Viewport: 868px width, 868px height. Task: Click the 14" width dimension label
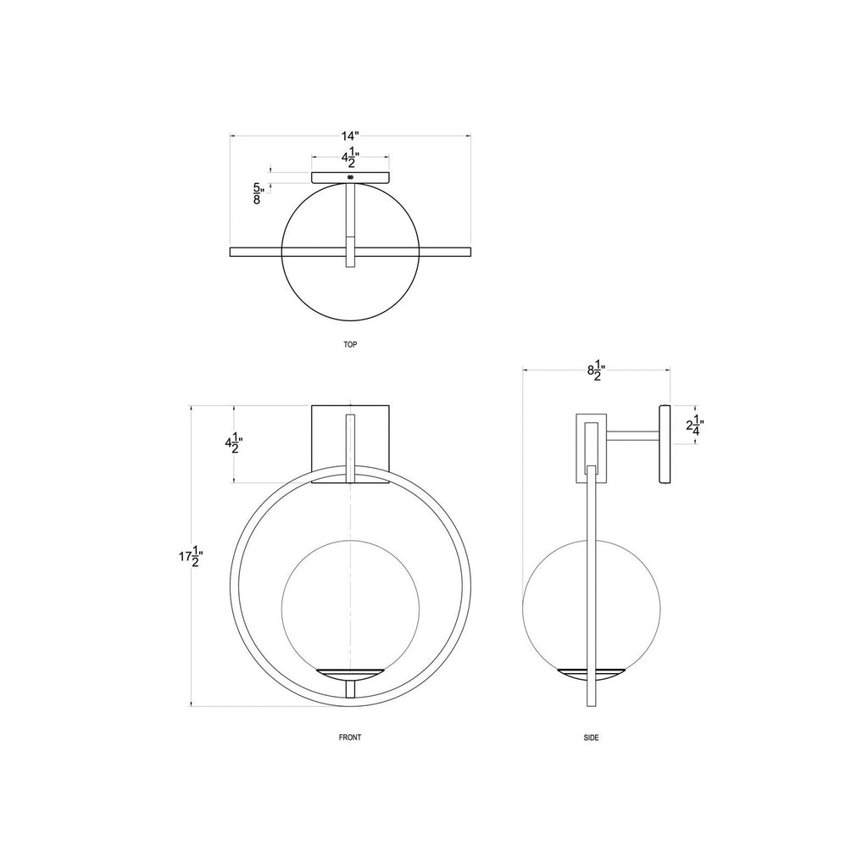350,136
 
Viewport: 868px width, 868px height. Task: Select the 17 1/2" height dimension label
192,556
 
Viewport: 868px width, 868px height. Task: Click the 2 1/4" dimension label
695,426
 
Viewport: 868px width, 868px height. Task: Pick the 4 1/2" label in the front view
234,442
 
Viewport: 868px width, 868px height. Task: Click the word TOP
350,344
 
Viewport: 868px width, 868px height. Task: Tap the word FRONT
350,737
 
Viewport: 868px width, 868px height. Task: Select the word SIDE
591,737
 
